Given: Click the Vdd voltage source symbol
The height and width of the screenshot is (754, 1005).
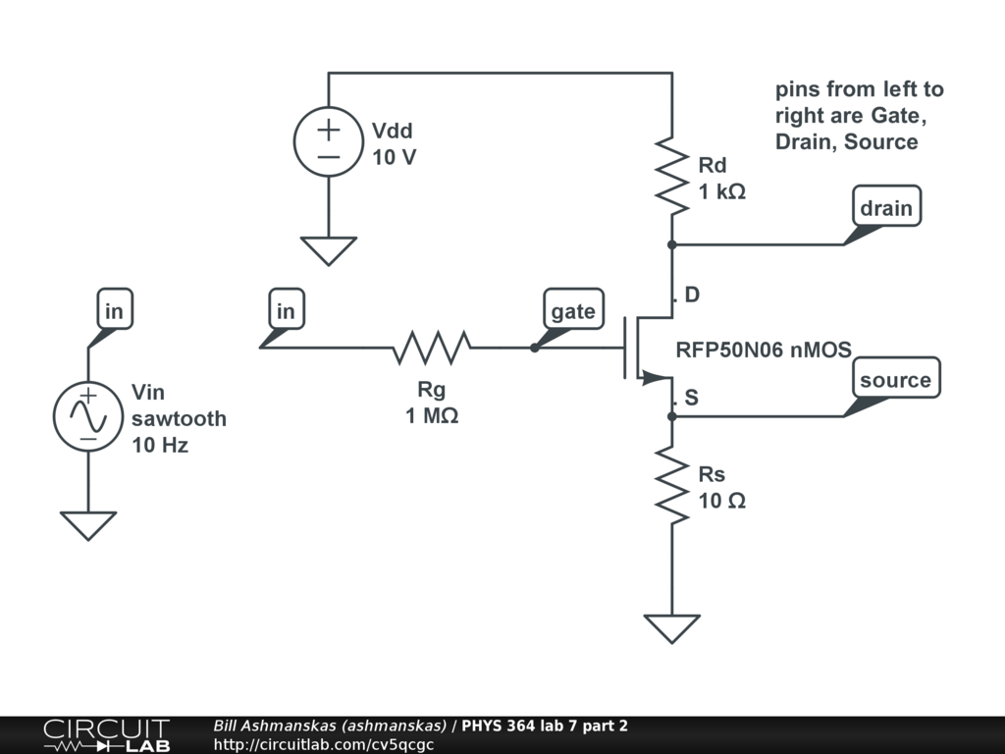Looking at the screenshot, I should pyautogui.click(x=328, y=141).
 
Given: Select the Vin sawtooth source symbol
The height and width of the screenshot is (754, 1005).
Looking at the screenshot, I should pyautogui.click(x=87, y=416).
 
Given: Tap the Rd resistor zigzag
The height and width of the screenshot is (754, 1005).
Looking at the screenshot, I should pyautogui.click(x=672, y=174).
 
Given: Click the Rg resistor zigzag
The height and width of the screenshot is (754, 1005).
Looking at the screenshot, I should pyautogui.click(x=432, y=348).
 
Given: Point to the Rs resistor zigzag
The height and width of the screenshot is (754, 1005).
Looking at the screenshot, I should pyautogui.click(x=672, y=484).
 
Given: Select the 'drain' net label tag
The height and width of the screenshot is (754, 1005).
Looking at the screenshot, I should pyautogui.click(x=886, y=207).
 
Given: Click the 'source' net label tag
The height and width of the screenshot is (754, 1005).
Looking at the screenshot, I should pyautogui.click(x=895, y=380).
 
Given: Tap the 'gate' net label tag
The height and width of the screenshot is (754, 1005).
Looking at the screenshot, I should pyautogui.click(x=573, y=311).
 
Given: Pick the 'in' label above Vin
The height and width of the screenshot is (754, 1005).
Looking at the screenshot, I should pyautogui.click(x=115, y=311).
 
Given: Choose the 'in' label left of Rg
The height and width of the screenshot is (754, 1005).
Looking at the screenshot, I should pyautogui.click(x=286, y=311).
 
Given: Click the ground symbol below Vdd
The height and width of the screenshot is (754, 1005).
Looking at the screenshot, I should pyautogui.click(x=328, y=250).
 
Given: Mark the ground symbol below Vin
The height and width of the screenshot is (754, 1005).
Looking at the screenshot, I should pyautogui.click(x=87, y=525).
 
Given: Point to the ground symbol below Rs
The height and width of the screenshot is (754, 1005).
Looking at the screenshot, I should pyautogui.click(x=672, y=627).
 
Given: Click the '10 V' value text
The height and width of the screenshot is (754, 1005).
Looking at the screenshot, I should pyautogui.click(x=395, y=156).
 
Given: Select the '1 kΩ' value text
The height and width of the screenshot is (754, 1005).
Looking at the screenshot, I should pyautogui.click(x=722, y=191).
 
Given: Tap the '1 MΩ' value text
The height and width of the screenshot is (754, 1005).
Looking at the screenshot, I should pyautogui.click(x=432, y=415).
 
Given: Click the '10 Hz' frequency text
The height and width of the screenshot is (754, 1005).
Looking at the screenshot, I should pyautogui.click(x=160, y=444).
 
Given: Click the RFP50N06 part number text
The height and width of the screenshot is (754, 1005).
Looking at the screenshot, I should pyautogui.click(x=763, y=350).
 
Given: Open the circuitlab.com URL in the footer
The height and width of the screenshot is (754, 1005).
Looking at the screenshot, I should pyautogui.click(x=323, y=744).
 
